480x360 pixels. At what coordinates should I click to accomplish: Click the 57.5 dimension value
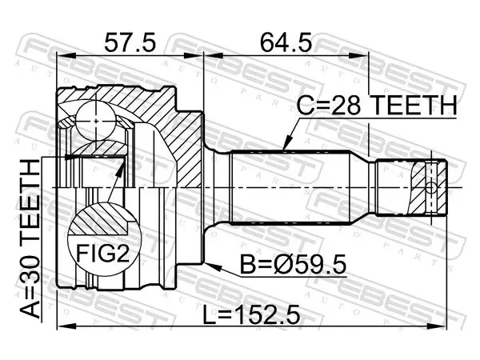click(x=130, y=42)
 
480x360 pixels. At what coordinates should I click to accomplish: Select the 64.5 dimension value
click(x=286, y=42)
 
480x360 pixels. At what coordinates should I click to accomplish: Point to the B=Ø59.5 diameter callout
click(x=293, y=265)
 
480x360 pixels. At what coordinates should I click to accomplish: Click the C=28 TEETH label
click(x=377, y=105)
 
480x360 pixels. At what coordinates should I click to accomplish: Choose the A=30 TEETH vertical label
click(x=30, y=238)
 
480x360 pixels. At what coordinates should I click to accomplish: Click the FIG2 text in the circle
click(x=103, y=253)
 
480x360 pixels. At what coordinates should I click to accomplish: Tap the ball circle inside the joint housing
click(x=96, y=122)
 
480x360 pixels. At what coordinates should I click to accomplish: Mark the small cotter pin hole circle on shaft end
click(x=430, y=188)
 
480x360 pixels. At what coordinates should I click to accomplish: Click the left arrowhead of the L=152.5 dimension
click(x=66, y=326)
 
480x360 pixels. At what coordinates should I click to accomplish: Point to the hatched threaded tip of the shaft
click(x=426, y=187)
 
